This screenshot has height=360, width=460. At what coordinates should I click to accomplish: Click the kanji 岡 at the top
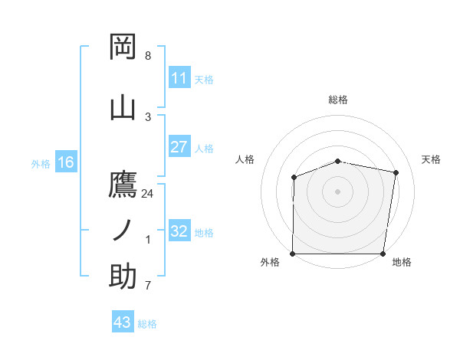coord(123,47)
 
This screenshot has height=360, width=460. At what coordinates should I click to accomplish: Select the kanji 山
coord(123,106)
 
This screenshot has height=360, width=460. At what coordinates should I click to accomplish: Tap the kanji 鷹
coord(123,185)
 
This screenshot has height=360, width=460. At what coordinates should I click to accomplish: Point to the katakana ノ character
coord(123,230)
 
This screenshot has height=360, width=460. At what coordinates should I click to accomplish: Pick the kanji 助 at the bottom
coord(123,276)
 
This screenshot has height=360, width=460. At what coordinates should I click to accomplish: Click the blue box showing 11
coord(179,78)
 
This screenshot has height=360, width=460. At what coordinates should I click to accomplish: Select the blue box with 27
coord(179,147)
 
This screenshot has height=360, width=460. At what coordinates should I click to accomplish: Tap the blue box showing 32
coord(179,231)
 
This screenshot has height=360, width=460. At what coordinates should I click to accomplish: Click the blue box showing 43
coord(123,322)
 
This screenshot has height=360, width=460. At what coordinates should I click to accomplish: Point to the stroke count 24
coord(148,194)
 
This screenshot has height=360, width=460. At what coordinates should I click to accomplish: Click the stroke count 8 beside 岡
coord(148,56)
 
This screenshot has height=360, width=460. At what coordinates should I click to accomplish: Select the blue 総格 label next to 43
coord(147,324)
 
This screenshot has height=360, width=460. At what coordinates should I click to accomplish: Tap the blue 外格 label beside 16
coord(41,163)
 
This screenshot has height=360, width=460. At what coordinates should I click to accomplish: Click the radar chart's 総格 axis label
coord(338,100)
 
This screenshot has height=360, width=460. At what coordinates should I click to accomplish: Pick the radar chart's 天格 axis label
coord(431,159)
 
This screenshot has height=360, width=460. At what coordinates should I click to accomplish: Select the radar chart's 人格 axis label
coord(245,159)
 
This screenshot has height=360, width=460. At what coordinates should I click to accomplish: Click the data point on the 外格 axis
coord(293,254)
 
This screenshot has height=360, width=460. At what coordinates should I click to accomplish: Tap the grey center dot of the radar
coord(338,191)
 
